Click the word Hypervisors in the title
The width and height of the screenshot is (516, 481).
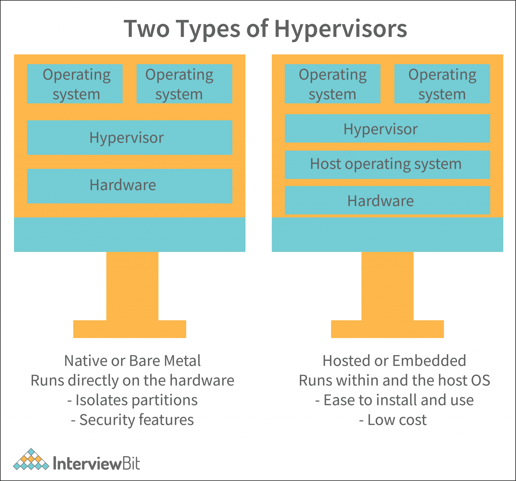(340, 29)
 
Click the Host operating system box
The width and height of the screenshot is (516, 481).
(387, 165)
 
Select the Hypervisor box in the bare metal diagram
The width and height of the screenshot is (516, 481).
(130, 137)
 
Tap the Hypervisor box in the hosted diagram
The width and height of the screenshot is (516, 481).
(387, 128)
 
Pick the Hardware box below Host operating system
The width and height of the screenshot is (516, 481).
(387, 200)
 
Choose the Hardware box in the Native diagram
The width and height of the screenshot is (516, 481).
(130, 186)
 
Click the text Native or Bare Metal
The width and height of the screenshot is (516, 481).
(132, 361)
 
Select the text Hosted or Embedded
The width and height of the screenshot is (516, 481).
(394, 361)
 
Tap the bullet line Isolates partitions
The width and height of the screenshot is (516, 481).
(132, 400)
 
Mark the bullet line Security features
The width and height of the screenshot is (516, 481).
(132, 420)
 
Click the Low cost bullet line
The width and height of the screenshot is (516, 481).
(393, 420)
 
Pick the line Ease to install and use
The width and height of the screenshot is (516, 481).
(394, 400)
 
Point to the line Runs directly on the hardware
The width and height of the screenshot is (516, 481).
(132, 380)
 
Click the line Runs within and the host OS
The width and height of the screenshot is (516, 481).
(394, 380)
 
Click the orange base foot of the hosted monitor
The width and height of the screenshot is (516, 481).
(387, 329)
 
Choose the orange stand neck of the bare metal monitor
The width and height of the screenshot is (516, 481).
(132, 285)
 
